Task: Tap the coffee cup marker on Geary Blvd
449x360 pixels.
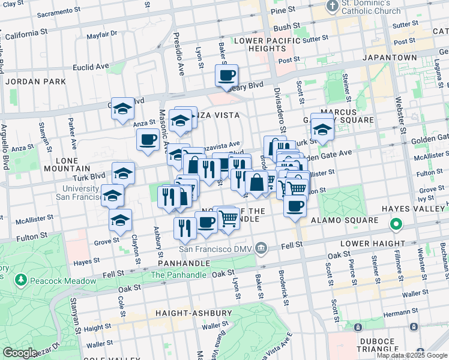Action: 226,76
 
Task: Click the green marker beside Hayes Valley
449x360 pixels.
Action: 396,226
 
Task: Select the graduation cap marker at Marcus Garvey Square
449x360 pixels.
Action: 322,130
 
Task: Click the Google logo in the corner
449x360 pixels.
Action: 20,353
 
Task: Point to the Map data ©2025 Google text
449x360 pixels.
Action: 412,355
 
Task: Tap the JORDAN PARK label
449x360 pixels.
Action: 35,81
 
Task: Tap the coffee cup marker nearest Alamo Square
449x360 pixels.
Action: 294,207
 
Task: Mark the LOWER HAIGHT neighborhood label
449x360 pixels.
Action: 370,244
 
